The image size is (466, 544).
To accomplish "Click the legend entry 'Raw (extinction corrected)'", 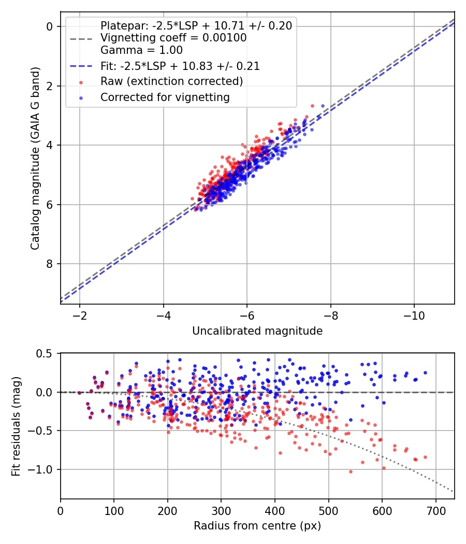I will click(171, 81).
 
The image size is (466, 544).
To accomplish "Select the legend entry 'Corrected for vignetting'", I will click(165, 97).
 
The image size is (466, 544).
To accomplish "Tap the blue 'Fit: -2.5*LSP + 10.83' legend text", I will click(180, 66).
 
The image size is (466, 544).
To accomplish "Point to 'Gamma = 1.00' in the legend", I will click(141, 51).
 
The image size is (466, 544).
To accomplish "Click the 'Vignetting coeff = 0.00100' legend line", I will click(173, 38).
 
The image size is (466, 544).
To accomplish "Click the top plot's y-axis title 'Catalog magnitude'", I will click(35, 157).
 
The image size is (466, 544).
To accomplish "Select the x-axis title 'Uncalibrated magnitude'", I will click(257, 331).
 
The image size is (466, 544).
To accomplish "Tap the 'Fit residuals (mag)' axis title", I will click(17, 426).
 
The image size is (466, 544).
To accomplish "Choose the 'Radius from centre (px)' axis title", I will click(257, 526).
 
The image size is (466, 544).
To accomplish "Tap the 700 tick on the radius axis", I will click(435, 511).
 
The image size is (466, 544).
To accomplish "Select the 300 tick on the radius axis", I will click(221, 511).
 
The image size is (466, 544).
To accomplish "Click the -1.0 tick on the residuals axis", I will click(43, 469).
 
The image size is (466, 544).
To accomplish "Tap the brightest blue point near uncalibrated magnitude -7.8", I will click(323, 106).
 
